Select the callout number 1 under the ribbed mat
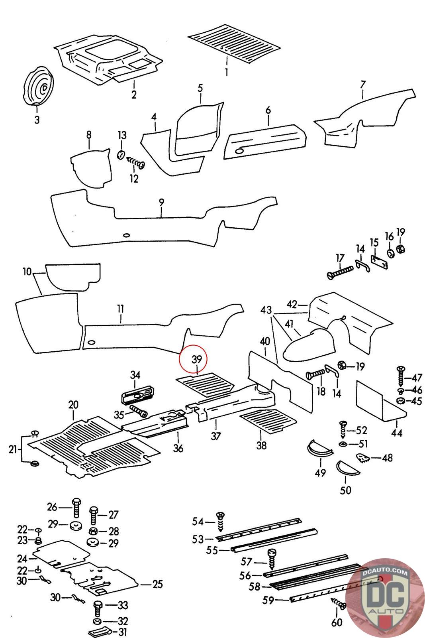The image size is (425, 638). click(x=226, y=73)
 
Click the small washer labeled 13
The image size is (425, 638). click(x=121, y=154)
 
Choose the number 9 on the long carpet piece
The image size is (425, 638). click(x=161, y=203)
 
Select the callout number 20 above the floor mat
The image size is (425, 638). click(x=73, y=405)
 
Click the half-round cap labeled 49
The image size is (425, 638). click(x=320, y=449)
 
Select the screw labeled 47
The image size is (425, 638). click(x=400, y=375)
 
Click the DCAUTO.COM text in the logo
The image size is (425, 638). click(x=385, y=573)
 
